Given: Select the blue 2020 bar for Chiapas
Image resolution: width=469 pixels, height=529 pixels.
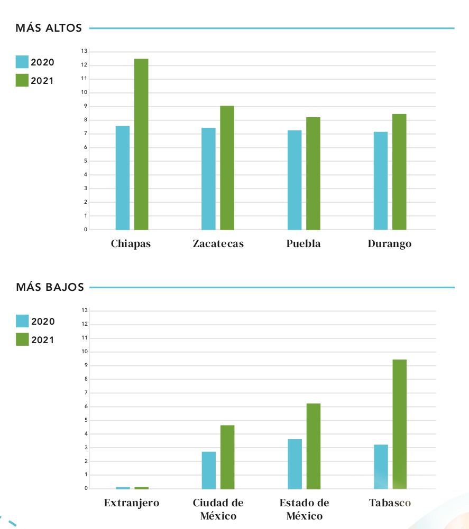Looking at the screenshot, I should [123, 178].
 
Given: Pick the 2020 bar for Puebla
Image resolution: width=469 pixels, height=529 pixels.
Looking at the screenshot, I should [295, 180].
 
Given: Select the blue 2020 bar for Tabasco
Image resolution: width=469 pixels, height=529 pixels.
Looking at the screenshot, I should [381, 467].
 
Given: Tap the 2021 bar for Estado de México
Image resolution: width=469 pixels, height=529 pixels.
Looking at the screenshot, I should [314, 446].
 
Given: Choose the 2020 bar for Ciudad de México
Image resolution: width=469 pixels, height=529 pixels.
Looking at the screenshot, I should [208, 470].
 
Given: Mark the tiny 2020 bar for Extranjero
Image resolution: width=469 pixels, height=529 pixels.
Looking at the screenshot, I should [123, 487].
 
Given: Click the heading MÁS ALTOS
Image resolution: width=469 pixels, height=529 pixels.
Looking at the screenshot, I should [49, 28].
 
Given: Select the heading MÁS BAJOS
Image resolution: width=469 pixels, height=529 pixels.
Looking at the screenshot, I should [50, 287].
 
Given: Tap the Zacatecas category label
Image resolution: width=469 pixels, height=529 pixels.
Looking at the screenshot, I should [218, 244].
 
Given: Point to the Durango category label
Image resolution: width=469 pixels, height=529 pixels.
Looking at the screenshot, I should [390, 244].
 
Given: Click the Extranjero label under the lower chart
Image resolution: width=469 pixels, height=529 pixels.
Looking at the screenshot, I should [132, 503].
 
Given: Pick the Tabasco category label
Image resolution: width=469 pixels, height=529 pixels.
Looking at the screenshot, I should [390, 503].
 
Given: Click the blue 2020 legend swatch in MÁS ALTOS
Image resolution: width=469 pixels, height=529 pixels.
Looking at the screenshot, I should [22, 62].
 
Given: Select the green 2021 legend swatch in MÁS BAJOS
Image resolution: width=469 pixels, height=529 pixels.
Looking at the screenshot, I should [22, 339].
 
